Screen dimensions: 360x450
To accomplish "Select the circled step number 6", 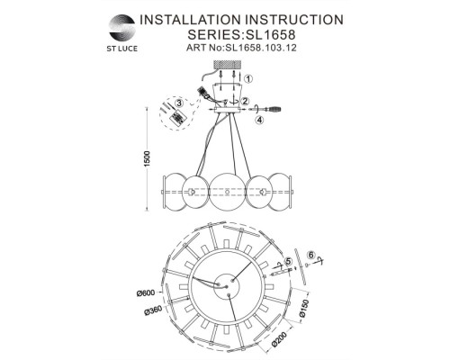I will pyautogui.click(x=310, y=255).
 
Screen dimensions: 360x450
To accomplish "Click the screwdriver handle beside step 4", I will pyautogui.click(x=279, y=107).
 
